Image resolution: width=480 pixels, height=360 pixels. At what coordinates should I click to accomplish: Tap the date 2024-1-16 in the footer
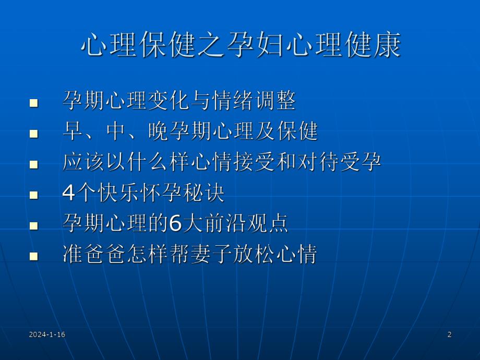(47, 334)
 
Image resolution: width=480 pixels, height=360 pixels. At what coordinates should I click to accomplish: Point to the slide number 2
(449, 334)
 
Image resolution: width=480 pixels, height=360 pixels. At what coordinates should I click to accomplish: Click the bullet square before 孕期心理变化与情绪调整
(34, 103)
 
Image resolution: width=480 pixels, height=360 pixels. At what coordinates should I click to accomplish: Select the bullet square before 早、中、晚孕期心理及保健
(34, 134)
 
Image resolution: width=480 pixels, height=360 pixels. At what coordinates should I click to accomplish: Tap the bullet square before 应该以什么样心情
(34, 165)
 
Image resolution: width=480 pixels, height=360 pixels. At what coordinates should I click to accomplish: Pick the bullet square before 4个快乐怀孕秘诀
(34, 196)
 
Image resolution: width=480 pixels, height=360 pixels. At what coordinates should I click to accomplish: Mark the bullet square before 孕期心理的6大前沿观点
(34, 226)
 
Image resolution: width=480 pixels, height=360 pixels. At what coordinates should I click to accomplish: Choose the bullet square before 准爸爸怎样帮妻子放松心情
(34, 257)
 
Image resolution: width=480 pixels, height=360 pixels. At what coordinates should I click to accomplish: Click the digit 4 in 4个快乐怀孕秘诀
(69, 194)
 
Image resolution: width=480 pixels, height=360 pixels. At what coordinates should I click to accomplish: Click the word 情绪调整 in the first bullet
(254, 101)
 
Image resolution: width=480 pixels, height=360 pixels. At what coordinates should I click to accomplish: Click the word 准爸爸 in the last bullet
(97, 255)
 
